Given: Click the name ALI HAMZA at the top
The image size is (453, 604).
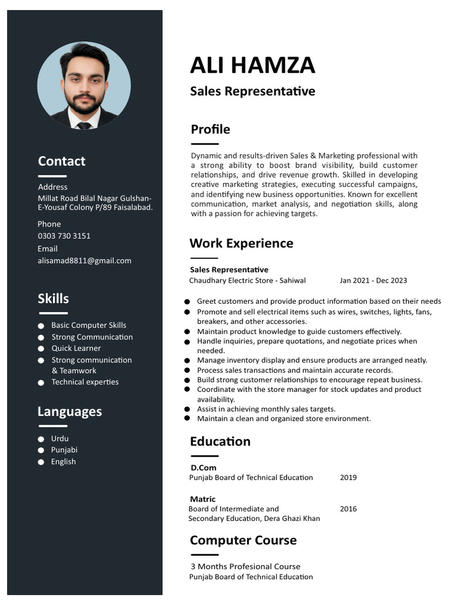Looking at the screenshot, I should coord(252,65).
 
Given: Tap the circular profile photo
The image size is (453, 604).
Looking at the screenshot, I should coord(84,86).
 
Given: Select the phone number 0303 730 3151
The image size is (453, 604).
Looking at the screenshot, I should coord(64,236).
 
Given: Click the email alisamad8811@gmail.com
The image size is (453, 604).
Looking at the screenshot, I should coord(84,261).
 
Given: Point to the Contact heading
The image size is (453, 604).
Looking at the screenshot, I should coord(61,161).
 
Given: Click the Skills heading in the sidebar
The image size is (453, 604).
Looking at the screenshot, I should coord(53,298).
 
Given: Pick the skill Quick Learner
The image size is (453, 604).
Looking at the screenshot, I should coord(76,348).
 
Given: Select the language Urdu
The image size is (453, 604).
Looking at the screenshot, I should coord(60,438).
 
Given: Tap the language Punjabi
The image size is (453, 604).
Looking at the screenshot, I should coord(64,449).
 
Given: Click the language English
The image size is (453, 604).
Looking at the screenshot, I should coord(63,461).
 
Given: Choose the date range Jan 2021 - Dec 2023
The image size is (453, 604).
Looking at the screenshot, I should coord(373,281).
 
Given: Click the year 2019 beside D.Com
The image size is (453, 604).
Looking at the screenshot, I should coord(348,478).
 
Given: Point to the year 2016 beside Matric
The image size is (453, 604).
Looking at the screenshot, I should coord(348,509).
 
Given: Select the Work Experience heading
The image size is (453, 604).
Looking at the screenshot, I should coord(241,243).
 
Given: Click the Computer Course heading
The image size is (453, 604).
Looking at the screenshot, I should coord(243,540).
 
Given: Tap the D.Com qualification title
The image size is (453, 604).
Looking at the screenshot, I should coord(203,468).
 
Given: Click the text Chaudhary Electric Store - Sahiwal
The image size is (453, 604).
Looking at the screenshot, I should coord(247,281).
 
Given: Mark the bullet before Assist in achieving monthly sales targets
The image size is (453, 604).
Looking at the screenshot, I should coord(187,409).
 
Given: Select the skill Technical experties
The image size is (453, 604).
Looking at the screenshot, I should coord(85,382).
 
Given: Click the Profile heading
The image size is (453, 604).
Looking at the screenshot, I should coord(211,129).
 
